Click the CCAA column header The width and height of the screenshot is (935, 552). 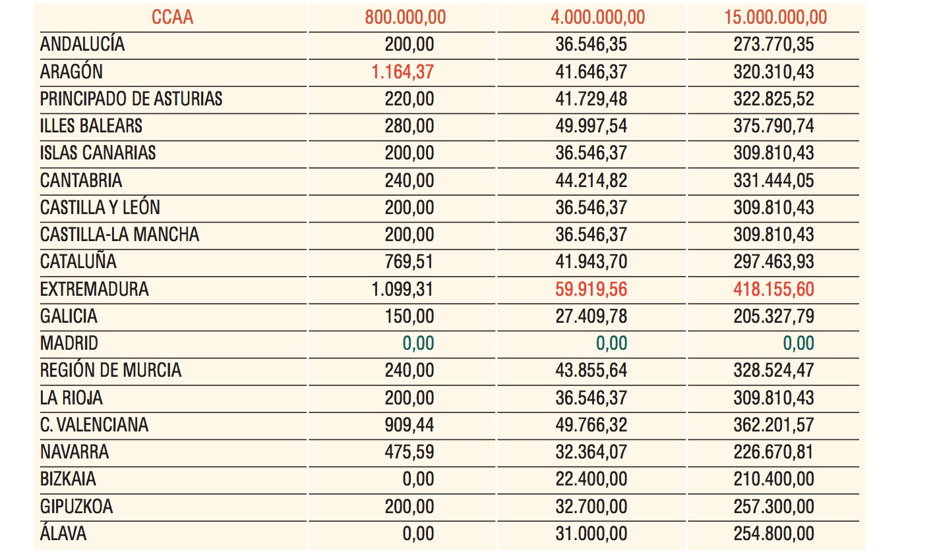tap(173, 17)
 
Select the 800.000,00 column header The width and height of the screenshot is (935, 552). tap(406, 17)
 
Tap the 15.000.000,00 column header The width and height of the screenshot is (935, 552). tap(775, 17)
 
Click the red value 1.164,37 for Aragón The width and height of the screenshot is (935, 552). tap(403, 71)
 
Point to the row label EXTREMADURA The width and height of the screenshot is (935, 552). tap(94, 289)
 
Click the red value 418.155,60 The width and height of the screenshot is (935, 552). tap(774, 289)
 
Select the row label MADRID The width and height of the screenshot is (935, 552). tap(69, 343)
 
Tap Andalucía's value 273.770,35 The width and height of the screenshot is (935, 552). tap(774, 44)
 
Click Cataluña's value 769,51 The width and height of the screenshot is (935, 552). tap(409, 262)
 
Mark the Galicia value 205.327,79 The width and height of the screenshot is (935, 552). tap(774, 316)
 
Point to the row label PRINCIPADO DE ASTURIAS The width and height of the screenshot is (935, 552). tap(131, 99)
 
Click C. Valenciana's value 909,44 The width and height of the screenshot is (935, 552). tap(409, 425)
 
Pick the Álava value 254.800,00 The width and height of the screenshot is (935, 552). tap(774, 534)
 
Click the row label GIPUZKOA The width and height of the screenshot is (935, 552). tap(76, 507)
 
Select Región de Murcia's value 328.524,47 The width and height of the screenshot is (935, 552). tap(774, 370)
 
